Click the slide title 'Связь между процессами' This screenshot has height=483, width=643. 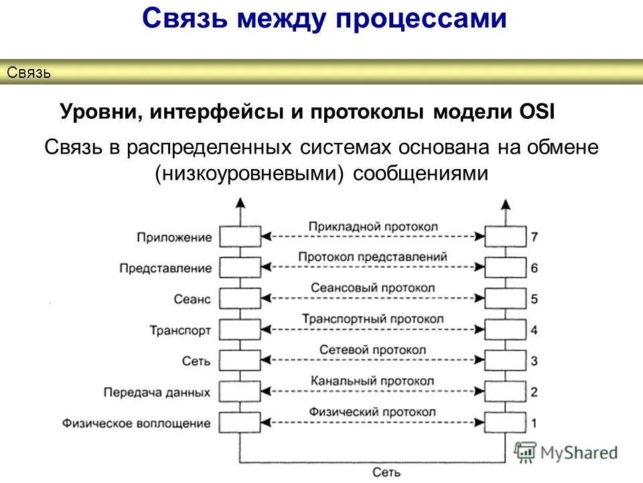point(324,19)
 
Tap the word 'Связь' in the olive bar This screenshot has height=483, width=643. point(29,72)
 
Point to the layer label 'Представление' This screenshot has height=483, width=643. point(165,268)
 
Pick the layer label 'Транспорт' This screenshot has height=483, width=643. point(180,330)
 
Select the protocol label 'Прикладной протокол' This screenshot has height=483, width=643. point(373,226)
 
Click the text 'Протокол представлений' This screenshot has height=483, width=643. point(373,257)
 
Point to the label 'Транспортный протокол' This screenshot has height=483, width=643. point(373,319)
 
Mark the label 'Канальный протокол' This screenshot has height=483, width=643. point(373,381)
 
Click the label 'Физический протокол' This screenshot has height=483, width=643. point(373,412)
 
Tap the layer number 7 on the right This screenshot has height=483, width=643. point(534,237)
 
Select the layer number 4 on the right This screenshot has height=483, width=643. point(534,330)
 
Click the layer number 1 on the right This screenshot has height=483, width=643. point(534,423)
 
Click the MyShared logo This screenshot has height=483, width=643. point(566,453)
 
